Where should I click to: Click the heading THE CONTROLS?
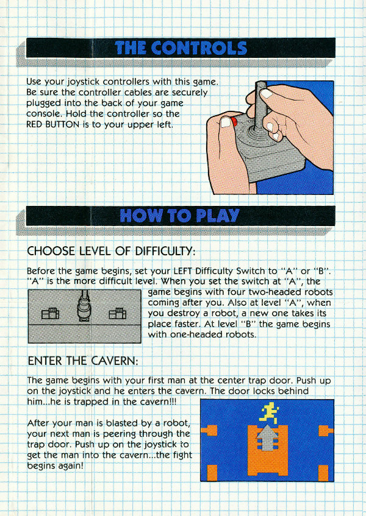(x=181, y=48)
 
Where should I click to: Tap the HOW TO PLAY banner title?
(x=179, y=216)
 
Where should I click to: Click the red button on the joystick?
(x=234, y=122)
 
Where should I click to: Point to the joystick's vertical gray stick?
(x=260, y=105)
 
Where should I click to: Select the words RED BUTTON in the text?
(x=52, y=125)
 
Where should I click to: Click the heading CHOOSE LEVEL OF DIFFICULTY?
(x=111, y=252)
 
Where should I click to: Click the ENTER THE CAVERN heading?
(x=83, y=361)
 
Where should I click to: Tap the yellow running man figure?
(x=270, y=413)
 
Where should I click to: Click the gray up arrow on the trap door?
(x=267, y=437)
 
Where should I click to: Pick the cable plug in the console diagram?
(x=84, y=306)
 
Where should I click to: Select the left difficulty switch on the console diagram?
(x=50, y=313)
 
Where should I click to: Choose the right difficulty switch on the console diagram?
(x=118, y=313)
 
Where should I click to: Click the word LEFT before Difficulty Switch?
(x=183, y=271)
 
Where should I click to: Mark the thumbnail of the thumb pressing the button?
(x=226, y=122)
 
